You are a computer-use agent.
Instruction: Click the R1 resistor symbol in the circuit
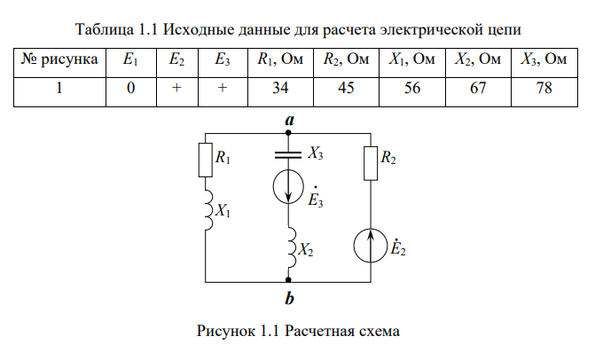pos(207,160)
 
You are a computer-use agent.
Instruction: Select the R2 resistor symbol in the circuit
pos(371,159)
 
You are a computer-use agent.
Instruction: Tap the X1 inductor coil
pos(207,211)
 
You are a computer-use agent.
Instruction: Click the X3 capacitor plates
pos(289,153)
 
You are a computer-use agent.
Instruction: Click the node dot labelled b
pos(289,278)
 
